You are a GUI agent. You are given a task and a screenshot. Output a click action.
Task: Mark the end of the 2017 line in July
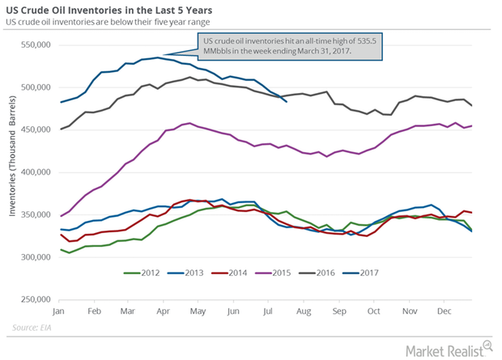coord(286,101)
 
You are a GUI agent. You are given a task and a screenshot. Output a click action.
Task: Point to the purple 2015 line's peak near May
coord(188,124)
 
